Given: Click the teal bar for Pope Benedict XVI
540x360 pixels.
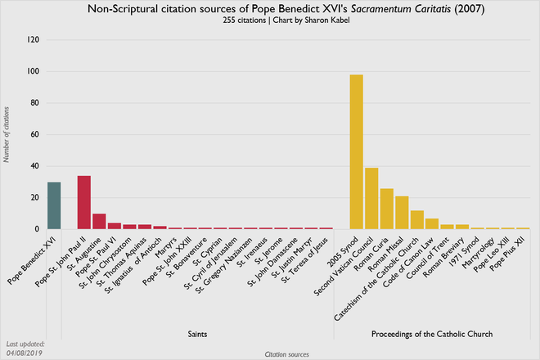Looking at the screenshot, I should [x=54, y=205].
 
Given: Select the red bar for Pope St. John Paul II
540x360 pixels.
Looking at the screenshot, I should [x=83, y=203].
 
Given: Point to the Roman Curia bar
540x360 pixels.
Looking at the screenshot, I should [x=386, y=209].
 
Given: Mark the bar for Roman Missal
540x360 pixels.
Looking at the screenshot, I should [x=402, y=213].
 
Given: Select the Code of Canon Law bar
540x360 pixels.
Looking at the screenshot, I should [x=432, y=223].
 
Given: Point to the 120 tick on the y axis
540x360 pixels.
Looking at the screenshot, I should [x=33, y=39].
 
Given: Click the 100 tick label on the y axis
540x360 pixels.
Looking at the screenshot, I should [x=33, y=71].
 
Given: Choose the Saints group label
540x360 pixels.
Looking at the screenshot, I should [x=189, y=335].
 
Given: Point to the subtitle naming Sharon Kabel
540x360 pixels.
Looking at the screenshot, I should [x=270, y=20].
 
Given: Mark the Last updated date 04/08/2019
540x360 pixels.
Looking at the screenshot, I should [x=25, y=352].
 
